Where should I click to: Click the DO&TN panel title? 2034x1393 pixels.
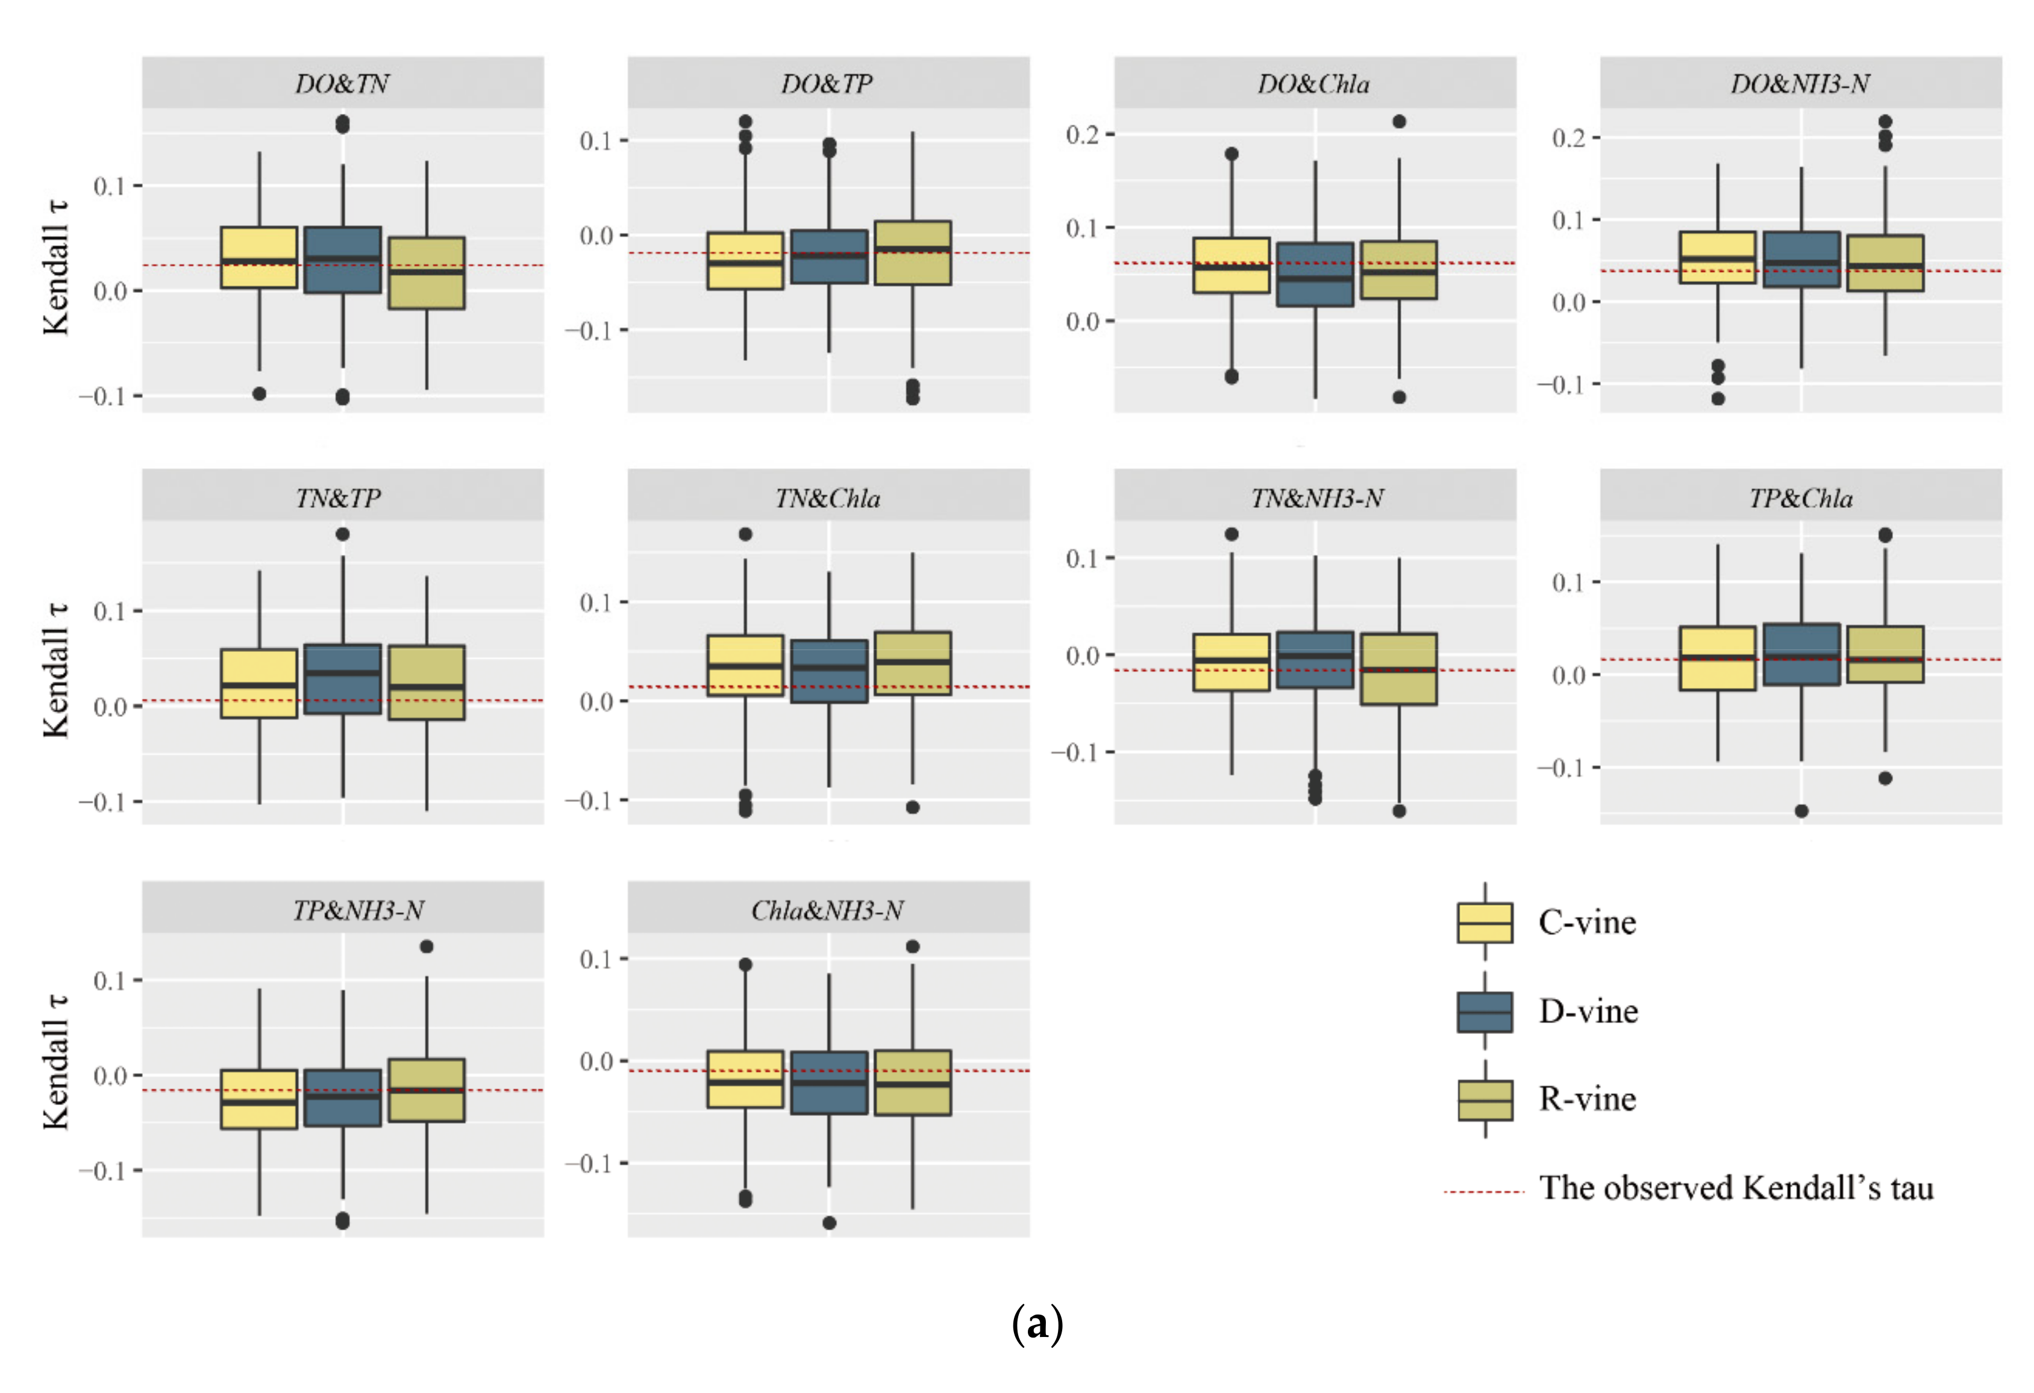[342, 84]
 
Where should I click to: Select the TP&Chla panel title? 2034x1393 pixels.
[1800, 499]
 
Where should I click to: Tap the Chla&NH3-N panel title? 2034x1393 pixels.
[827, 911]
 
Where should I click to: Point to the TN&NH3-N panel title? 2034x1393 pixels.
[1315, 499]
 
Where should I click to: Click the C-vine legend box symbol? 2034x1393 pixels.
[1485, 923]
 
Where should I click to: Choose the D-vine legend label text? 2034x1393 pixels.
[1589, 1012]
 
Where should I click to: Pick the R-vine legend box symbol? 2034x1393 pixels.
[1485, 1100]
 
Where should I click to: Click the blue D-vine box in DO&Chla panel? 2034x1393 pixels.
[1315, 274]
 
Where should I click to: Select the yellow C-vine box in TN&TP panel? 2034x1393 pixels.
[259, 683]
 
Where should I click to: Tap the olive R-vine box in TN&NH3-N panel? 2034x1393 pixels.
[1398, 669]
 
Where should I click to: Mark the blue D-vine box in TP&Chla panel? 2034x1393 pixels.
[1801, 654]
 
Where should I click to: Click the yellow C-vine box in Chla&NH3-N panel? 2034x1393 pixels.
[745, 1079]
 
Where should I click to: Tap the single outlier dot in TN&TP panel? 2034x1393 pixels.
[343, 534]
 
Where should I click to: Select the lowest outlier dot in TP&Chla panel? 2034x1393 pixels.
[1801, 811]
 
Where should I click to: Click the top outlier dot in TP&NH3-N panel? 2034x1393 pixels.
[426, 947]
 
